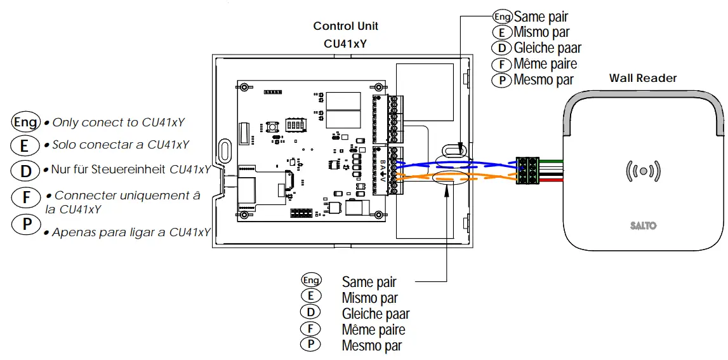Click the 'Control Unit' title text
[345, 26]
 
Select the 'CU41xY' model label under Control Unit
[345, 44]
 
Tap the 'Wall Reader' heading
[643, 78]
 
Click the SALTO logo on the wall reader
[643, 225]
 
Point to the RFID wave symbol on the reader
[644, 171]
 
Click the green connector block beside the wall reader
[529, 170]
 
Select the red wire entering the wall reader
[552, 180]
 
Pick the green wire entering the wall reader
[552, 160]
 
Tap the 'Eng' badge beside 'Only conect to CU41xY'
[25, 122]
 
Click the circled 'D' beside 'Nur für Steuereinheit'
[25, 170]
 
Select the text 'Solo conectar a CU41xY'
[121, 145]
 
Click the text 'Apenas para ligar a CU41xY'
[131, 232]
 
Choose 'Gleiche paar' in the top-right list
[547, 48]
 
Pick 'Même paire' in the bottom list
[373, 330]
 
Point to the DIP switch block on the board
[293, 123]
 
